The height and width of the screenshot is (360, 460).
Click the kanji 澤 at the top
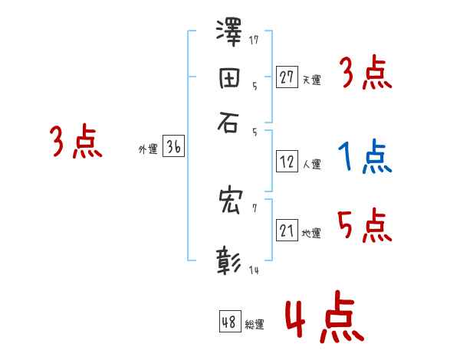(229, 34)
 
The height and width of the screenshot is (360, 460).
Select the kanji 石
(229, 122)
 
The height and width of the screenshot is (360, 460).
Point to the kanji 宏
(229, 202)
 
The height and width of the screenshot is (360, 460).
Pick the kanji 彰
(229, 260)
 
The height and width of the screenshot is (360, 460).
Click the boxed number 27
(287, 77)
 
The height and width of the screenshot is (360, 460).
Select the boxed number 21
(287, 231)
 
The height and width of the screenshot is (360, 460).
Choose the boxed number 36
(173, 148)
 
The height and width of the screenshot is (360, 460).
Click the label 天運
(311, 79)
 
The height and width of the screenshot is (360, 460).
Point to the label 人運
(311, 163)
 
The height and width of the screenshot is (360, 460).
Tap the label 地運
(311, 233)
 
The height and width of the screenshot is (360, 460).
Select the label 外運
(148, 150)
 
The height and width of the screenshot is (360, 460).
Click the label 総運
(255, 325)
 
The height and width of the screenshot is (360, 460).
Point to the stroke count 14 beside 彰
(254, 270)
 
